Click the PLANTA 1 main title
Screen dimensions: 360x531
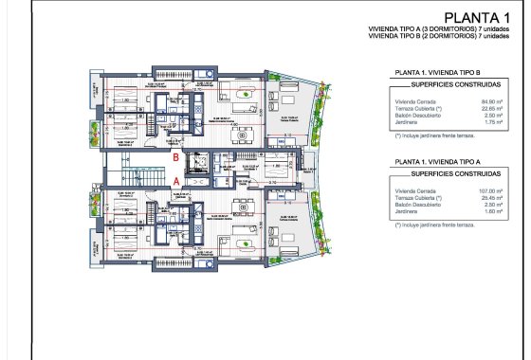[480, 19]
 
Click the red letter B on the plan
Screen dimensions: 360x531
[176, 157]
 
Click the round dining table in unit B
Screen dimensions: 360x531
[241, 134]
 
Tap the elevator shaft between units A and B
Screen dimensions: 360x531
[202, 167]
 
